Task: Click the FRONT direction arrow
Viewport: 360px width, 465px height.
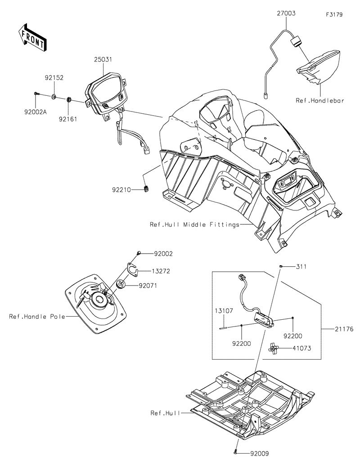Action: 31,37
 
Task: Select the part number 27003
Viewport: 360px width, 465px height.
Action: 286,14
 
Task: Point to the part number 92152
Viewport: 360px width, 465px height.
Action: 54,78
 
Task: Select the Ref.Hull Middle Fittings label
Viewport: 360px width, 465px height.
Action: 194,224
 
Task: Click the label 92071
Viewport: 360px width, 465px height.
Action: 148,285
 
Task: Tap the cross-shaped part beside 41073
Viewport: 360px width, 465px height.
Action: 274,348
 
